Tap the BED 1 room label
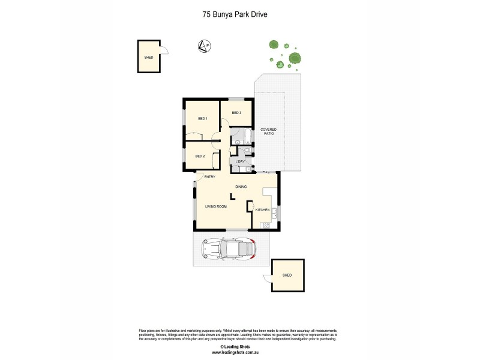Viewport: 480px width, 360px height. [x=202, y=118]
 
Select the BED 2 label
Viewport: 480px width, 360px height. [x=200, y=156]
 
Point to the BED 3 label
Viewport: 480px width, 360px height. [x=236, y=113]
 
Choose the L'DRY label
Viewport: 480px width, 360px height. [x=239, y=161]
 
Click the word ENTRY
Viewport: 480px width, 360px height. [x=209, y=177]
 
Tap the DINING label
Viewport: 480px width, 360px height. [x=241, y=187]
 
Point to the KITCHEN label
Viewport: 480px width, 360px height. [x=263, y=210]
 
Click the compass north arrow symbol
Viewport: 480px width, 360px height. [x=203, y=45]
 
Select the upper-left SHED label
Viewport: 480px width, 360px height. [x=148, y=57]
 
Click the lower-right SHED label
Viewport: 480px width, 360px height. [x=287, y=275]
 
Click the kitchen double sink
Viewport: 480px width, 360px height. [x=275, y=212]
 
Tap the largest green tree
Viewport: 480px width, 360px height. [x=294, y=58]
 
